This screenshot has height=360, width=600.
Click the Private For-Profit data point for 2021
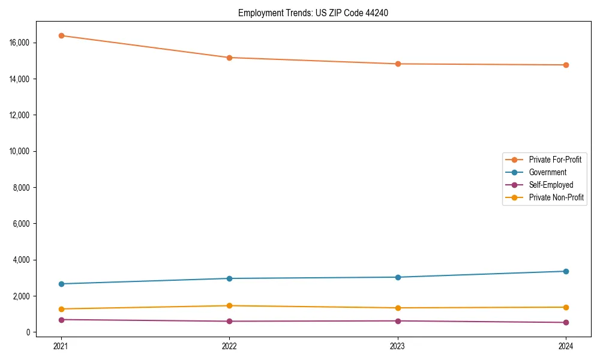pyautogui.click(x=61, y=35)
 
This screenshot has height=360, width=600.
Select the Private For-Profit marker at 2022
pyautogui.click(x=229, y=58)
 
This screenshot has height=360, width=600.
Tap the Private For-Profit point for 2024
pyautogui.click(x=566, y=65)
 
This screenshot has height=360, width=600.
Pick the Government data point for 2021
pyautogui.click(x=61, y=284)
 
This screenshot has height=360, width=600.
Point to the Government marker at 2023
pyautogui.click(x=398, y=277)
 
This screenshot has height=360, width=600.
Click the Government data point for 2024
pyautogui.click(x=566, y=271)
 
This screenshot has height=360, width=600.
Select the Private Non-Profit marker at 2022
pyautogui.click(x=229, y=306)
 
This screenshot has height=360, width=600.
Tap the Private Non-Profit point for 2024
pyautogui.click(x=566, y=307)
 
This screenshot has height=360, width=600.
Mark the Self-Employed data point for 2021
pyautogui.click(x=61, y=320)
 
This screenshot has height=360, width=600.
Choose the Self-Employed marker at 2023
pyautogui.click(x=398, y=321)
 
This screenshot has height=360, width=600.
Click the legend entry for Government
pyautogui.click(x=547, y=172)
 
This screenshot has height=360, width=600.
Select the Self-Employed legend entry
pyautogui.click(x=551, y=185)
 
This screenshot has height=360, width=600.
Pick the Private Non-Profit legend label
pyautogui.click(x=556, y=197)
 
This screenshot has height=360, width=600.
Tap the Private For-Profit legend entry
pyautogui.click(x=555, y=160)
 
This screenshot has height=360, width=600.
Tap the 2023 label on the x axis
pyautogui.click(x=398, y=346)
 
